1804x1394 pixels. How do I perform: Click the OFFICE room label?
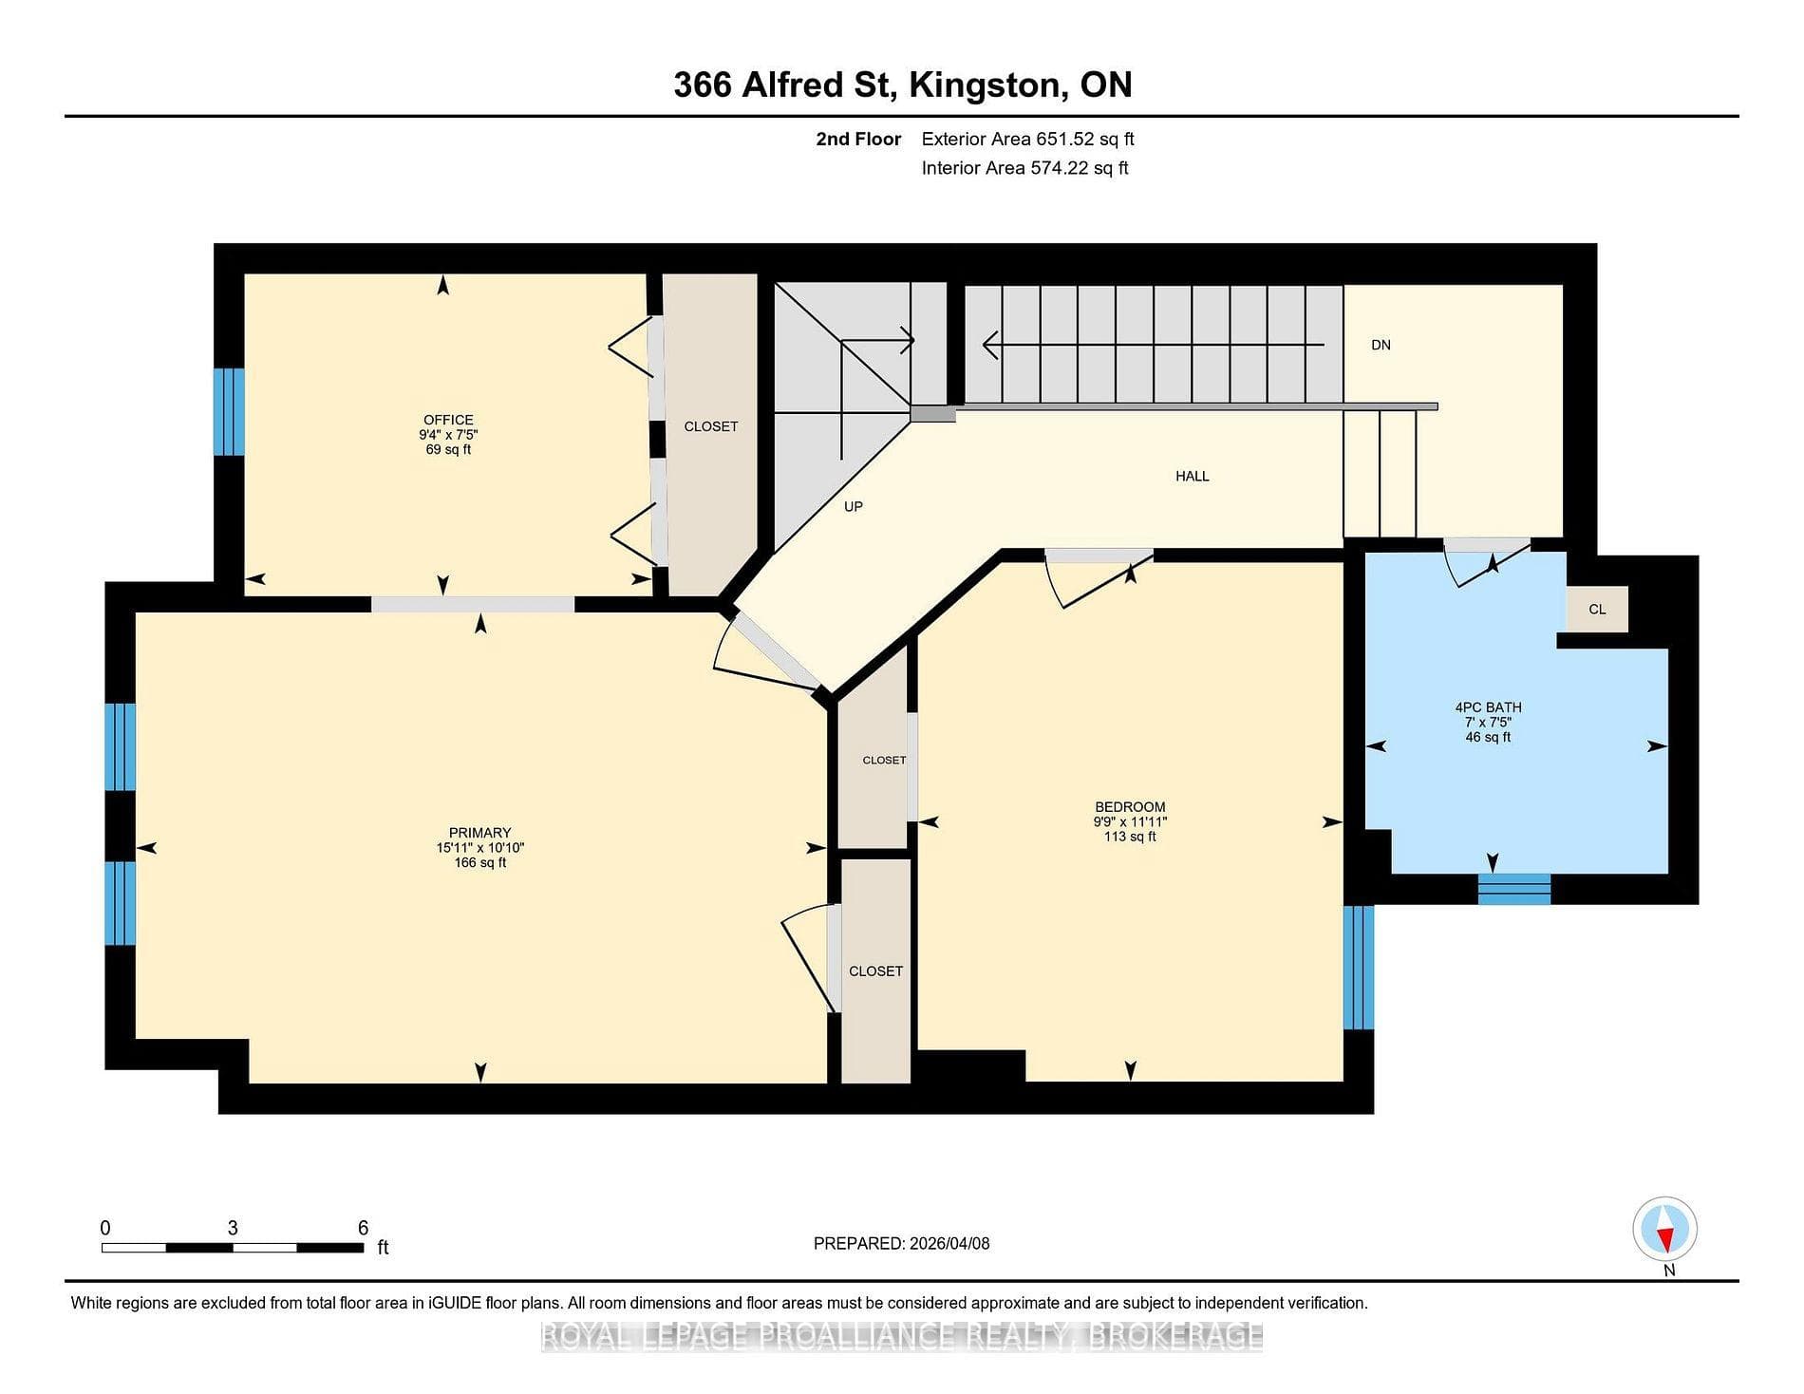pyautogui.click(x=448, y=420)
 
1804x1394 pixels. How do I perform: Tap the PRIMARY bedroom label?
pyautogui.click(x=479, y=833)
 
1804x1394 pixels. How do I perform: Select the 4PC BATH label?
pyautogui.click(x=1488, y=707)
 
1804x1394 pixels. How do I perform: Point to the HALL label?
pyautogui.click(x=1193, y=476)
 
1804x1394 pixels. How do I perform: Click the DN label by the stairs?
pyautogui.click(x=1381, y=345)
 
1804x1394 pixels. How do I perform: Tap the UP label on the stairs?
pyautogui.click(x=854, y=506)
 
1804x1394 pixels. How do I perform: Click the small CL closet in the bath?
pyautogui.click(x=1597, y=609)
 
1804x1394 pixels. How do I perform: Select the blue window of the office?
pyautogui.click(x=229, y=411)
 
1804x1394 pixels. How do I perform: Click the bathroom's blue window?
pyautogui.click(x=1514, y=889)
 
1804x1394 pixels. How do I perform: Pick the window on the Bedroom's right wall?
pyautogui.click(x=1359, y=967)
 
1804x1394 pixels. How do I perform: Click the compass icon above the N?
pyautogui.click(x=1664, y=1229)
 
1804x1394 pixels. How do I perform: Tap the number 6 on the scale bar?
pyautogui.click(x=363, y=1228)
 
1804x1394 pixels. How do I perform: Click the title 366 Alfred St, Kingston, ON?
pyautogui.click(x=903, y=85)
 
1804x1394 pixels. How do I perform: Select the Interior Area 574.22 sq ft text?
pyautogui.click(x=1024, y=168)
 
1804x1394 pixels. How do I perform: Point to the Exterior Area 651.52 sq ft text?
pyautogui.click(x=1027, y=139)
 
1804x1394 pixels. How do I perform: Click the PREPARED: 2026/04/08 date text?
pyautogui.click(x=901, y=1243)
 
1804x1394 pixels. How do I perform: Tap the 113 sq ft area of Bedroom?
pyautogui.click(x=1130, y=837)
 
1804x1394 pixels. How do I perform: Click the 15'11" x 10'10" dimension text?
pyautogui.click(x=480, y=848)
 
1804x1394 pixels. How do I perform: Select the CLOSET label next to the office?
pyautogui.click(x=711, y=426)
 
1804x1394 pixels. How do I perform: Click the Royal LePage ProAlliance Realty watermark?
pyautogui.click(x=902, y=1336)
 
